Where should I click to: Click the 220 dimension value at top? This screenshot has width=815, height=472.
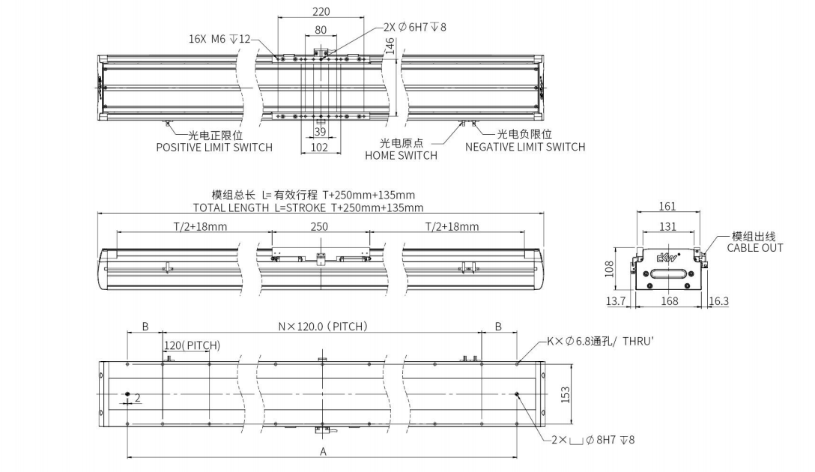321,12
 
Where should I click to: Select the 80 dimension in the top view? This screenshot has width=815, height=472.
321,31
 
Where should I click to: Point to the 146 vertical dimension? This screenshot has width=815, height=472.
390,46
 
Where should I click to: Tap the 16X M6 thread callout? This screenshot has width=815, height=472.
220,39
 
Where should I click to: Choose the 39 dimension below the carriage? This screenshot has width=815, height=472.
320,132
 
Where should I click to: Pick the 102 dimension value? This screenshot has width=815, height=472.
320,148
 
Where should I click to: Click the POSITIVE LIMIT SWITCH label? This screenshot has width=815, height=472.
214,148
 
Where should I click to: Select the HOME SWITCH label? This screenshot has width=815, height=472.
401,156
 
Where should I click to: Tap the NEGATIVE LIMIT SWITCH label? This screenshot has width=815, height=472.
525,148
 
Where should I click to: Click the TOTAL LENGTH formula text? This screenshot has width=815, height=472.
308,208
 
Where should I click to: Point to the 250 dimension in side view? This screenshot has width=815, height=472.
320,227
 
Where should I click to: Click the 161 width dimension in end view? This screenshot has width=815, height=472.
667,207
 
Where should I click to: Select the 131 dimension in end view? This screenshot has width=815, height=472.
667,226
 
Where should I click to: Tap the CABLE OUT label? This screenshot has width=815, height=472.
755,248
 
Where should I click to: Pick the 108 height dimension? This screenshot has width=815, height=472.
608,269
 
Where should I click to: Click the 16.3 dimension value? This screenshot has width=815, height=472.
718,301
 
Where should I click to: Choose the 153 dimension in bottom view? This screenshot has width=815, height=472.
566,394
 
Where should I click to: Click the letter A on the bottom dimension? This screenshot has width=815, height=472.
324,451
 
